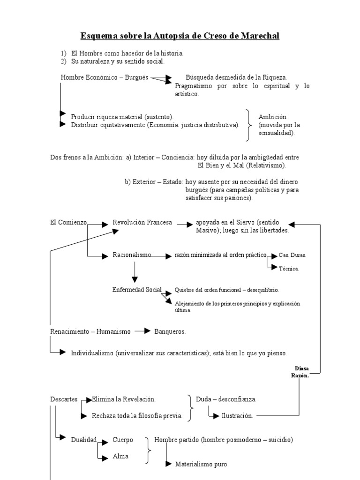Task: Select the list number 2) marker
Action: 64,61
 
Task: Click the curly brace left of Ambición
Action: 248,125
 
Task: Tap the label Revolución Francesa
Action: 142,222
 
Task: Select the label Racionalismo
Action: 132,255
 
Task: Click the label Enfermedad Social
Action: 137,289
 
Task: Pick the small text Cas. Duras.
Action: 292,255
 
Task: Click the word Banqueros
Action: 170,331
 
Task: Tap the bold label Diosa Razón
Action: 300,372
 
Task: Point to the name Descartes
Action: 64,399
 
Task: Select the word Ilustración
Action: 237,415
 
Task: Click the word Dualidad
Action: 83,440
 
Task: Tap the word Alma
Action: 120,456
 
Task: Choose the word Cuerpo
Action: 123,440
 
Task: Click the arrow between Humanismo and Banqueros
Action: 142,331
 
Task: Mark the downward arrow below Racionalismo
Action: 135,272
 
